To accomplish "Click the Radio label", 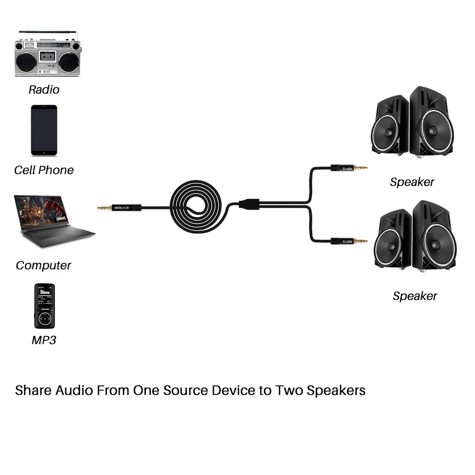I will pos(44,90).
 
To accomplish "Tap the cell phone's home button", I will pos(44,153).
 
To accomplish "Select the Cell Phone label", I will pos(44,170).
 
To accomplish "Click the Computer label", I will pos(43,266).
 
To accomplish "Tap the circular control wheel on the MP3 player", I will pos(45,318).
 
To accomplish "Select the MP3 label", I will pos(44,340).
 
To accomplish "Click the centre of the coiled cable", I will pos(196,207).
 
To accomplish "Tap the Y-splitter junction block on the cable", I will pos(249,203).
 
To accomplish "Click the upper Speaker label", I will pos(412,182).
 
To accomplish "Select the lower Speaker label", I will pos(415,296).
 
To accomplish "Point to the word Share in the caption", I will pos(33,391).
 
